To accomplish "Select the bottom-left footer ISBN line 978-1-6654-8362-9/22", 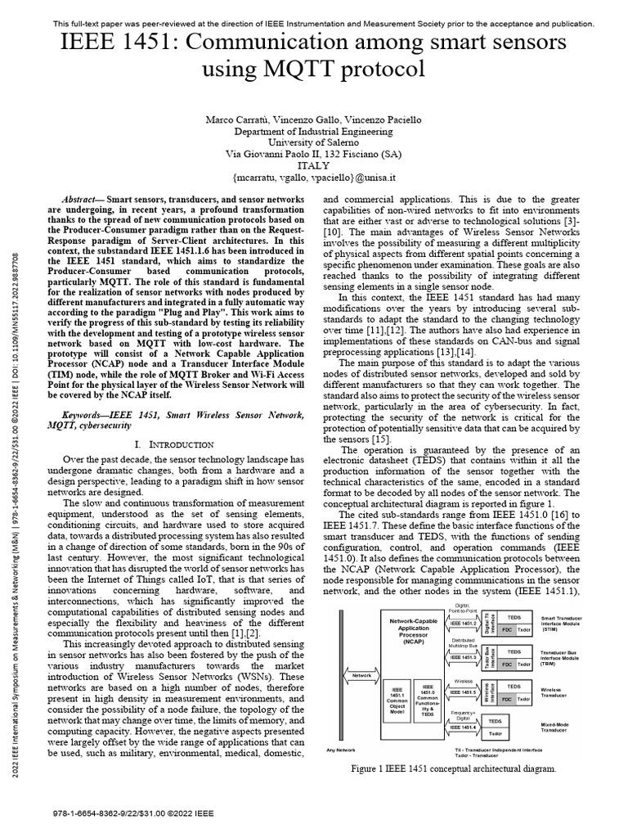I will pos(132,814).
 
